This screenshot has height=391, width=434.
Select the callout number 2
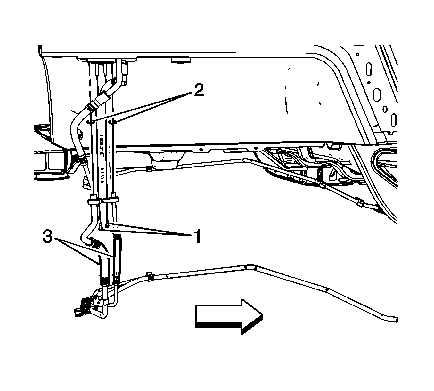[199, 90]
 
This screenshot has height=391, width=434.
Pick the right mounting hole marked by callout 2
[113, 122]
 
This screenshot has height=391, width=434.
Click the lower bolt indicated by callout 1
[100, 227]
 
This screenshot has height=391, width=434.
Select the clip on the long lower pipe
[149, 277]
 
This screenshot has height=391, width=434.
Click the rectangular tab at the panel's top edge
[181, 60]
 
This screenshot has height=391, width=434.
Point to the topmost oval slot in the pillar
[369, 69]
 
